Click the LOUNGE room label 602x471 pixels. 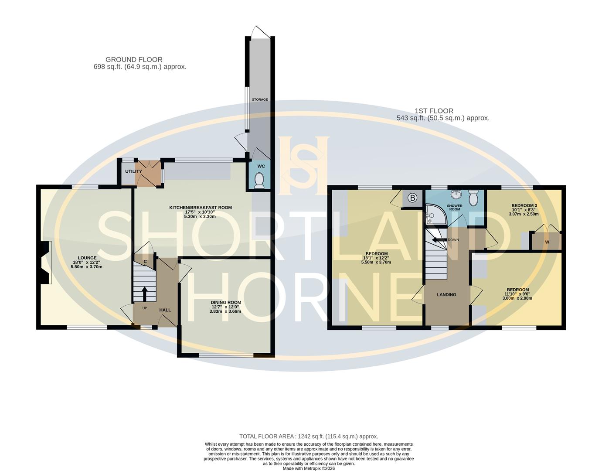(87, 258)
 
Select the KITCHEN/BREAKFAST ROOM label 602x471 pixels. (201, 208)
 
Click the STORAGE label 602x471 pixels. (260, 100)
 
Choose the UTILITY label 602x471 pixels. (133, 171)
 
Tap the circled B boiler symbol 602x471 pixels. (412, 198)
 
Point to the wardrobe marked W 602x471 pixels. (547, 242)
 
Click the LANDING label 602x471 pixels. (446, 295)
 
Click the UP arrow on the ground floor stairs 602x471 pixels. (144, 294)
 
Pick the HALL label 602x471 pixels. (165, 310)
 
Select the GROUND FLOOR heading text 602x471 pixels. (134, 60)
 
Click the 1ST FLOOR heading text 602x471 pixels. (434, 111)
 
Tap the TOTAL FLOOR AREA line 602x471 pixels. (309, 436)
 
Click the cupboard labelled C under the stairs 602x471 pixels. (145, 262)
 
